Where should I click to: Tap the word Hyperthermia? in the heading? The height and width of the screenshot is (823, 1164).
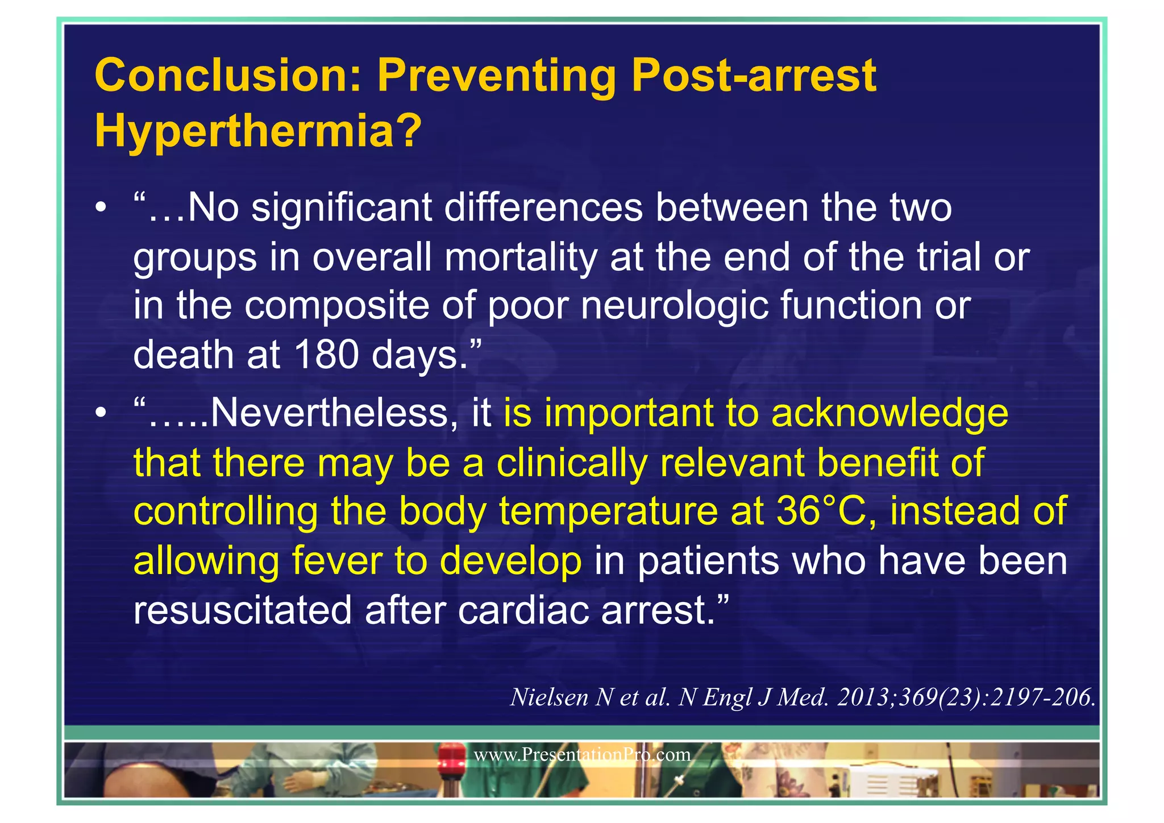tap(258, 131)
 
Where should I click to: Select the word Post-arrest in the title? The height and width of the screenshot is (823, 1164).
tap(754, 76)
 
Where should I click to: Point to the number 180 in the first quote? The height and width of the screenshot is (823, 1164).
tap(326, 355)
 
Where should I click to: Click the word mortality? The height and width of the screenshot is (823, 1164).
tap(520, 257)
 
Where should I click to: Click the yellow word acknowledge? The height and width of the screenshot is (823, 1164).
tap(889, 413)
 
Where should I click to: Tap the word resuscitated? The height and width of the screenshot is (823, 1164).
tap(243, 610)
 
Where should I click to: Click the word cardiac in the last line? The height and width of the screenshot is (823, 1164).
tap(523, 610)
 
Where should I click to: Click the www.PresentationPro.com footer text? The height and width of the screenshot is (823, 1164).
tap(581, 755)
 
